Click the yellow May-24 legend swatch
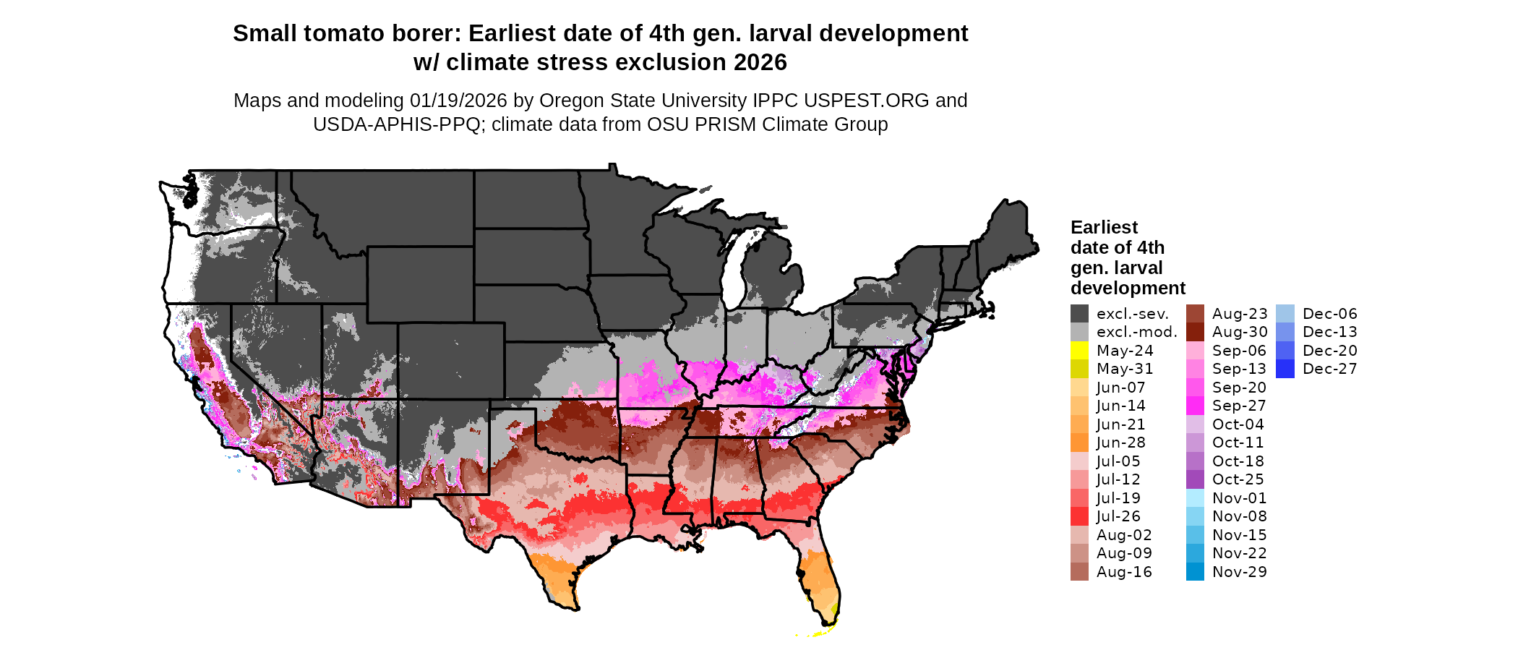pyautogui.click(x=1079, y=351)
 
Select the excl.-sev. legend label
pyautogui.click(x=1132, y=314)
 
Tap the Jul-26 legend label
pyautogui.click(x=1118, y=516)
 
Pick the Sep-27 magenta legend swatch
pyautogui.click(x=1195, y=406)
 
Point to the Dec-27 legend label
pyautogui.click(x=1329, y=369)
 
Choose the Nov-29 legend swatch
pyautogui.click(x=1195, y=572)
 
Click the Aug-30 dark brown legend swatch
pyautogui.click(x=1195, y=332)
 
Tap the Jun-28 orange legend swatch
pyautogui.click(x=1079, y=443)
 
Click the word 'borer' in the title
pyautogui.click(x=429, y=34)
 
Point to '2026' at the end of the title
pyautogui.click(x=760, y=63)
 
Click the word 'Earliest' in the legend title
pyautogui.click(x=1104, y=228)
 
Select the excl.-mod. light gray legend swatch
pyautogui.click(x=1079, y=332)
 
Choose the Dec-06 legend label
pyautogui.click(x=1329, y=314)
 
